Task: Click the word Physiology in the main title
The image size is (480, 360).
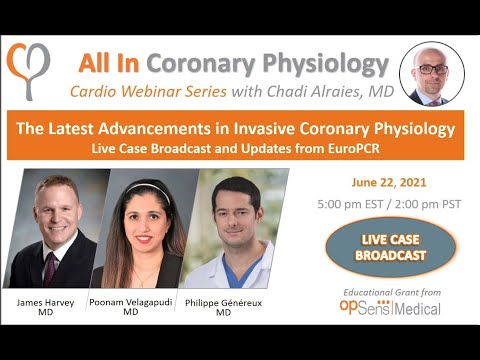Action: point(331,64)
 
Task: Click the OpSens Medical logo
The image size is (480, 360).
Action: point(390,307)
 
